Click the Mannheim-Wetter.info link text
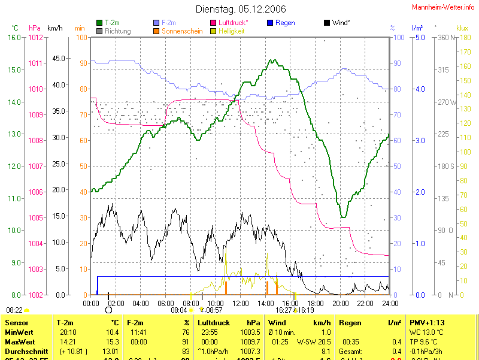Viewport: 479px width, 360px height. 444,7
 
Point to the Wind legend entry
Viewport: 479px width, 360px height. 340,22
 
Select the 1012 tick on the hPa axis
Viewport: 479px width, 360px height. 36,37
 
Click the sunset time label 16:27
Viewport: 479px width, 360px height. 283,310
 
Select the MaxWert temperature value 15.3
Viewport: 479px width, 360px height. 112,341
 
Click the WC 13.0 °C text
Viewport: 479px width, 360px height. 426,332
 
